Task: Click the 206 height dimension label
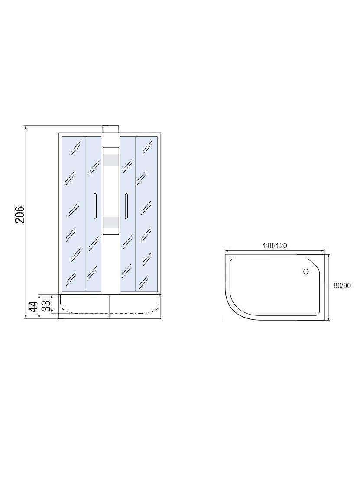[x=19, y=214]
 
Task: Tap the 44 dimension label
[x=34, y=306]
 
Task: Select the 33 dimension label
[x=46, y=305]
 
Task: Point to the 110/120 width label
[x=275, y=246]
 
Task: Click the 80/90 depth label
[x=342, y=285]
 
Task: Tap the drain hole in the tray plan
[x=306, y=272]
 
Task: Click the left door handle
[x=95, y=206]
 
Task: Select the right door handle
[x=126, y=206]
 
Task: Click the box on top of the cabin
[x=111, y=129]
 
